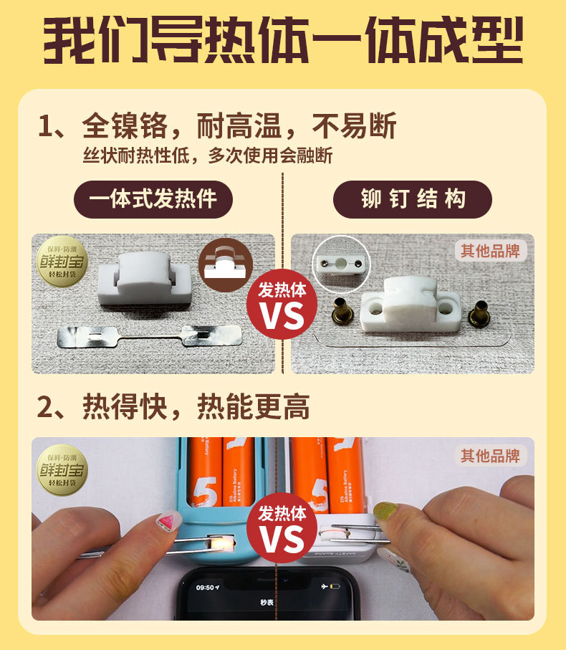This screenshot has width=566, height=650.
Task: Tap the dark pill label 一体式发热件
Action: [x=153, y=199]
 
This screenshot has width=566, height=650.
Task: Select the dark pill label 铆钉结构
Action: [x=412, y=199]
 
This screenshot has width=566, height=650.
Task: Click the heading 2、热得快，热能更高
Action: [x=173, y=407]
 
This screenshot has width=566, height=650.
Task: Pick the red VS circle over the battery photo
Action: [x=282, y=529]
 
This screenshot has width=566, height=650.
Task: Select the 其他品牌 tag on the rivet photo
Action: [x=491, y=250]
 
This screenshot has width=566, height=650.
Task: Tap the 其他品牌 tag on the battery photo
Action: [x=491, y=455]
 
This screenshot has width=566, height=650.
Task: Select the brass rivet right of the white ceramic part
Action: [x=477, y=313]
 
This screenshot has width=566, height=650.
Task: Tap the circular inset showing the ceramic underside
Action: [x=341, y=264]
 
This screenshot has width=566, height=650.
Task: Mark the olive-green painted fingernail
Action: [x=385, y=510]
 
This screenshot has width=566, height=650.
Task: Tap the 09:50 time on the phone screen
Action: [x=206, y=586]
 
